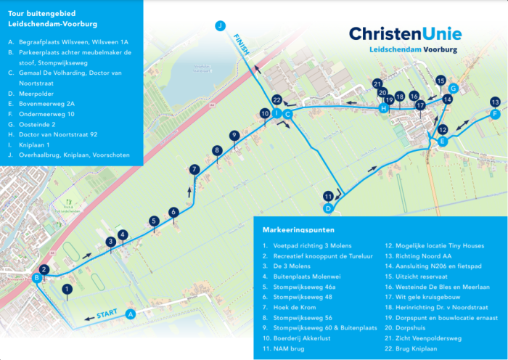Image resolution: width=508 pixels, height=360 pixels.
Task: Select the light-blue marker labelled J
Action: pos(220,25)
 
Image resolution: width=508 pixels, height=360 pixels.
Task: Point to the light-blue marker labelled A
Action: pos(131,314)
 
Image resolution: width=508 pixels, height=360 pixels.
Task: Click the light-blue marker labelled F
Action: pos(495,114)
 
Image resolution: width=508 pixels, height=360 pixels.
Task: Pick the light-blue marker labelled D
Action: pos(328,208)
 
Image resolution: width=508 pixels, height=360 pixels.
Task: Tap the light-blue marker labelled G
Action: pos(453,89)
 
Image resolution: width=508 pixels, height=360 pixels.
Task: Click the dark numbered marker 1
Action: pos(67,290)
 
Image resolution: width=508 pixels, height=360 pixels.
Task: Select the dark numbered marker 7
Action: pos(194,169)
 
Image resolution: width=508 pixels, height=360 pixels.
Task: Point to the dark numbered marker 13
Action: pos(495,102)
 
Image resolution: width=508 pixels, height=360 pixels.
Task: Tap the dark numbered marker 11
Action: pos(328,196)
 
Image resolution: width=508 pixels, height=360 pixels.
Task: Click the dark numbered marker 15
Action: pos(441,81)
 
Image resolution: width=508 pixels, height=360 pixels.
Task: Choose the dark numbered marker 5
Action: pos(154,221)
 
